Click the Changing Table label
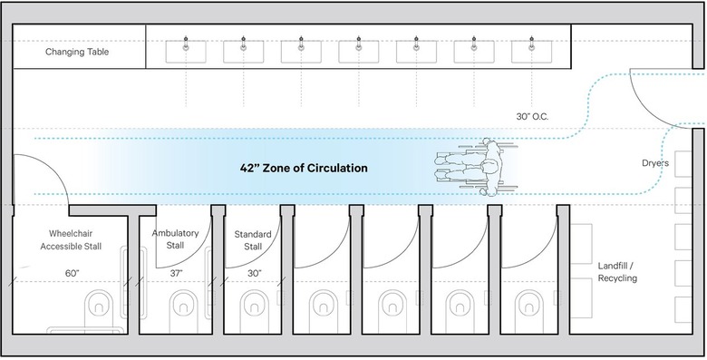coord(77,53)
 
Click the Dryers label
coord(654,164)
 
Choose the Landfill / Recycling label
coord(617,271)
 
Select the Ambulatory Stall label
coord(175,239)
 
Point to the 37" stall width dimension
coord(176,273)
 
